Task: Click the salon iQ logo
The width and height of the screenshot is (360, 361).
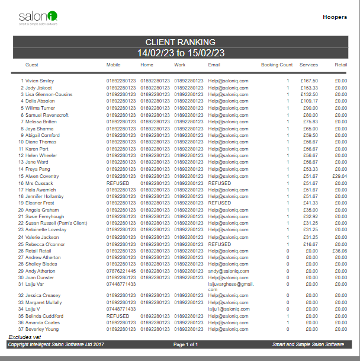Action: (38, 18)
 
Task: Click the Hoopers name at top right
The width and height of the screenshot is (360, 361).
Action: (335, 17)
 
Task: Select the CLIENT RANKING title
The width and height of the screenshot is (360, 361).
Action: (180, 42)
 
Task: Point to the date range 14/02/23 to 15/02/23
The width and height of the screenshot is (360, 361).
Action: (180, 53)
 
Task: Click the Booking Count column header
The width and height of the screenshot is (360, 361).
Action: (277, 65)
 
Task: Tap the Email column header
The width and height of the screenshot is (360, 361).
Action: (214, 65)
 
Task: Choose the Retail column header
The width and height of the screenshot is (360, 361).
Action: (340, 65)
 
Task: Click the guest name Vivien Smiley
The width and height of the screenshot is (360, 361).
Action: (40, 81)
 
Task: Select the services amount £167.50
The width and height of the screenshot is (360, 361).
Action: (309, 81)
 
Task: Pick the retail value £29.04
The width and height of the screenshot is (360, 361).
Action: (339, 176)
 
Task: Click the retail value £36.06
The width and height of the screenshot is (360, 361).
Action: (339, 251)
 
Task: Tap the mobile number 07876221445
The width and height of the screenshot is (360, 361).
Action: (121, 271)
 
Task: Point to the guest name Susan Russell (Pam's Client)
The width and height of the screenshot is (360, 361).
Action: (56, 223)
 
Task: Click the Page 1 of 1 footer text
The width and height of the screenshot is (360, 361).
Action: (185, 344)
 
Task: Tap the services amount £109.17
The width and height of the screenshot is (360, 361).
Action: (309, 101)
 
